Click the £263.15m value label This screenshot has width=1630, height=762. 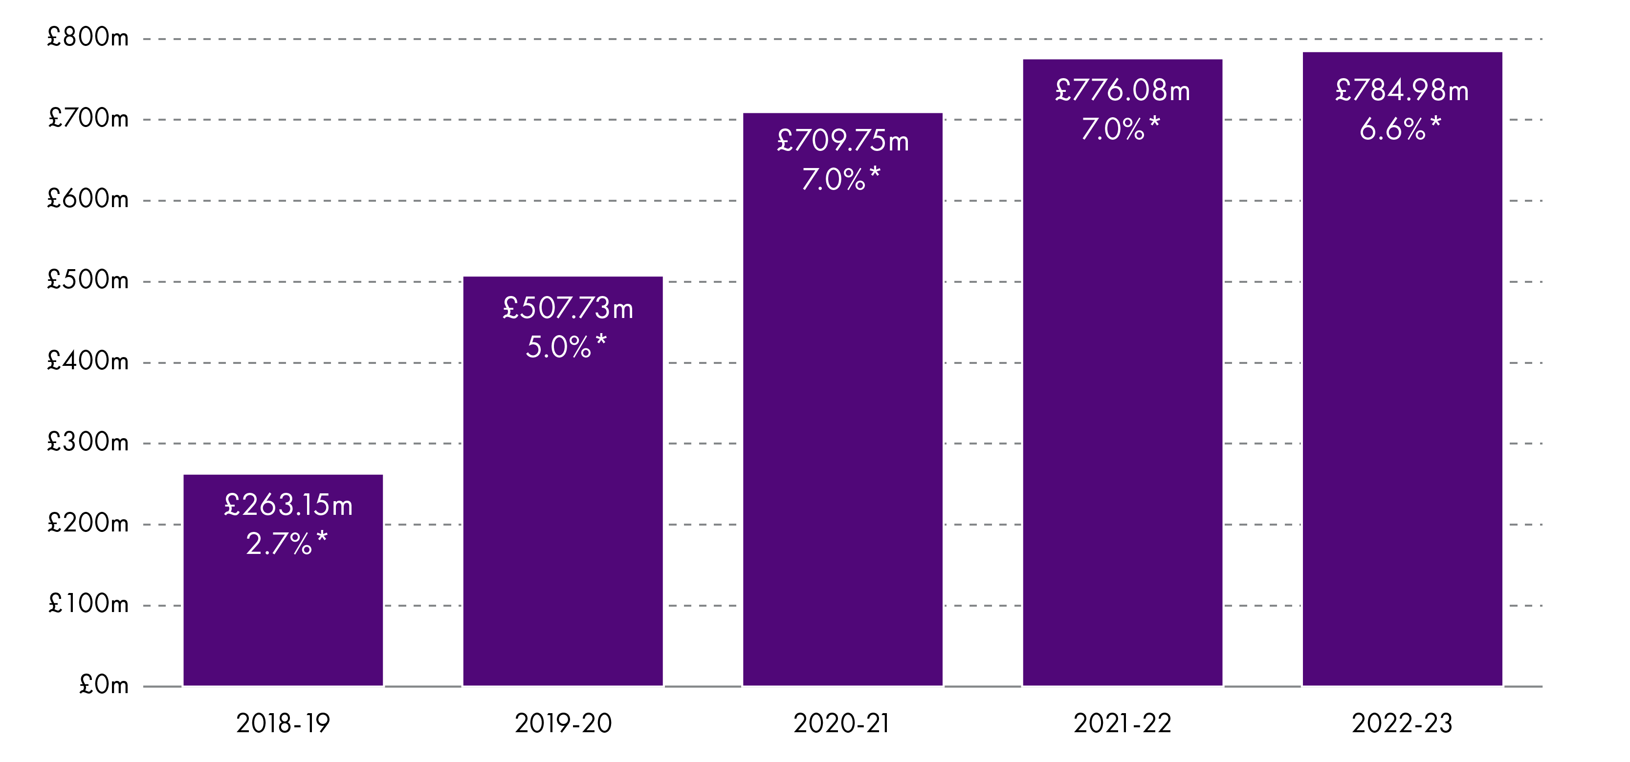(288, 505)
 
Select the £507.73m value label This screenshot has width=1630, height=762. (568, 309)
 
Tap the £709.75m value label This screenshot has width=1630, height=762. (842, 141)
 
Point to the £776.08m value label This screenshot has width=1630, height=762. (1123, 90)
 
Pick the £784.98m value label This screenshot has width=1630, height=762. (1402, 90)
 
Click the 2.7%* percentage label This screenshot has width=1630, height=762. (286, 544)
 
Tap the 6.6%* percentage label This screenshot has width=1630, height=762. (1400, 129)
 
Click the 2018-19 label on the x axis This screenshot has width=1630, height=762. (283, 723)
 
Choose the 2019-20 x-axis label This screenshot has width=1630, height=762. (563, 723)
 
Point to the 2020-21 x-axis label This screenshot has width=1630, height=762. (842, 723)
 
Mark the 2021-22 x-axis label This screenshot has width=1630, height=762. (1123, 723)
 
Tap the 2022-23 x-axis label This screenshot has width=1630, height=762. (1402, 723)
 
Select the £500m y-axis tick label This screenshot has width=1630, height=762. (88, 280)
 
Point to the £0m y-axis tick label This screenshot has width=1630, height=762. (104, 685)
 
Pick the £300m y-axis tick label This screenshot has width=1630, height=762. (88, 442)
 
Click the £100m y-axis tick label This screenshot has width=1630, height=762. (88, 604)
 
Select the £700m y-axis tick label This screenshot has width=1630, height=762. (88, 118)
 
